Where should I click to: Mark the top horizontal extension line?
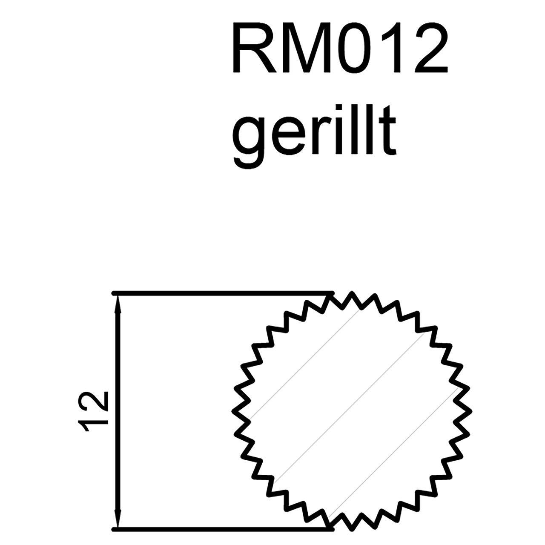click(x=221, y=293)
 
